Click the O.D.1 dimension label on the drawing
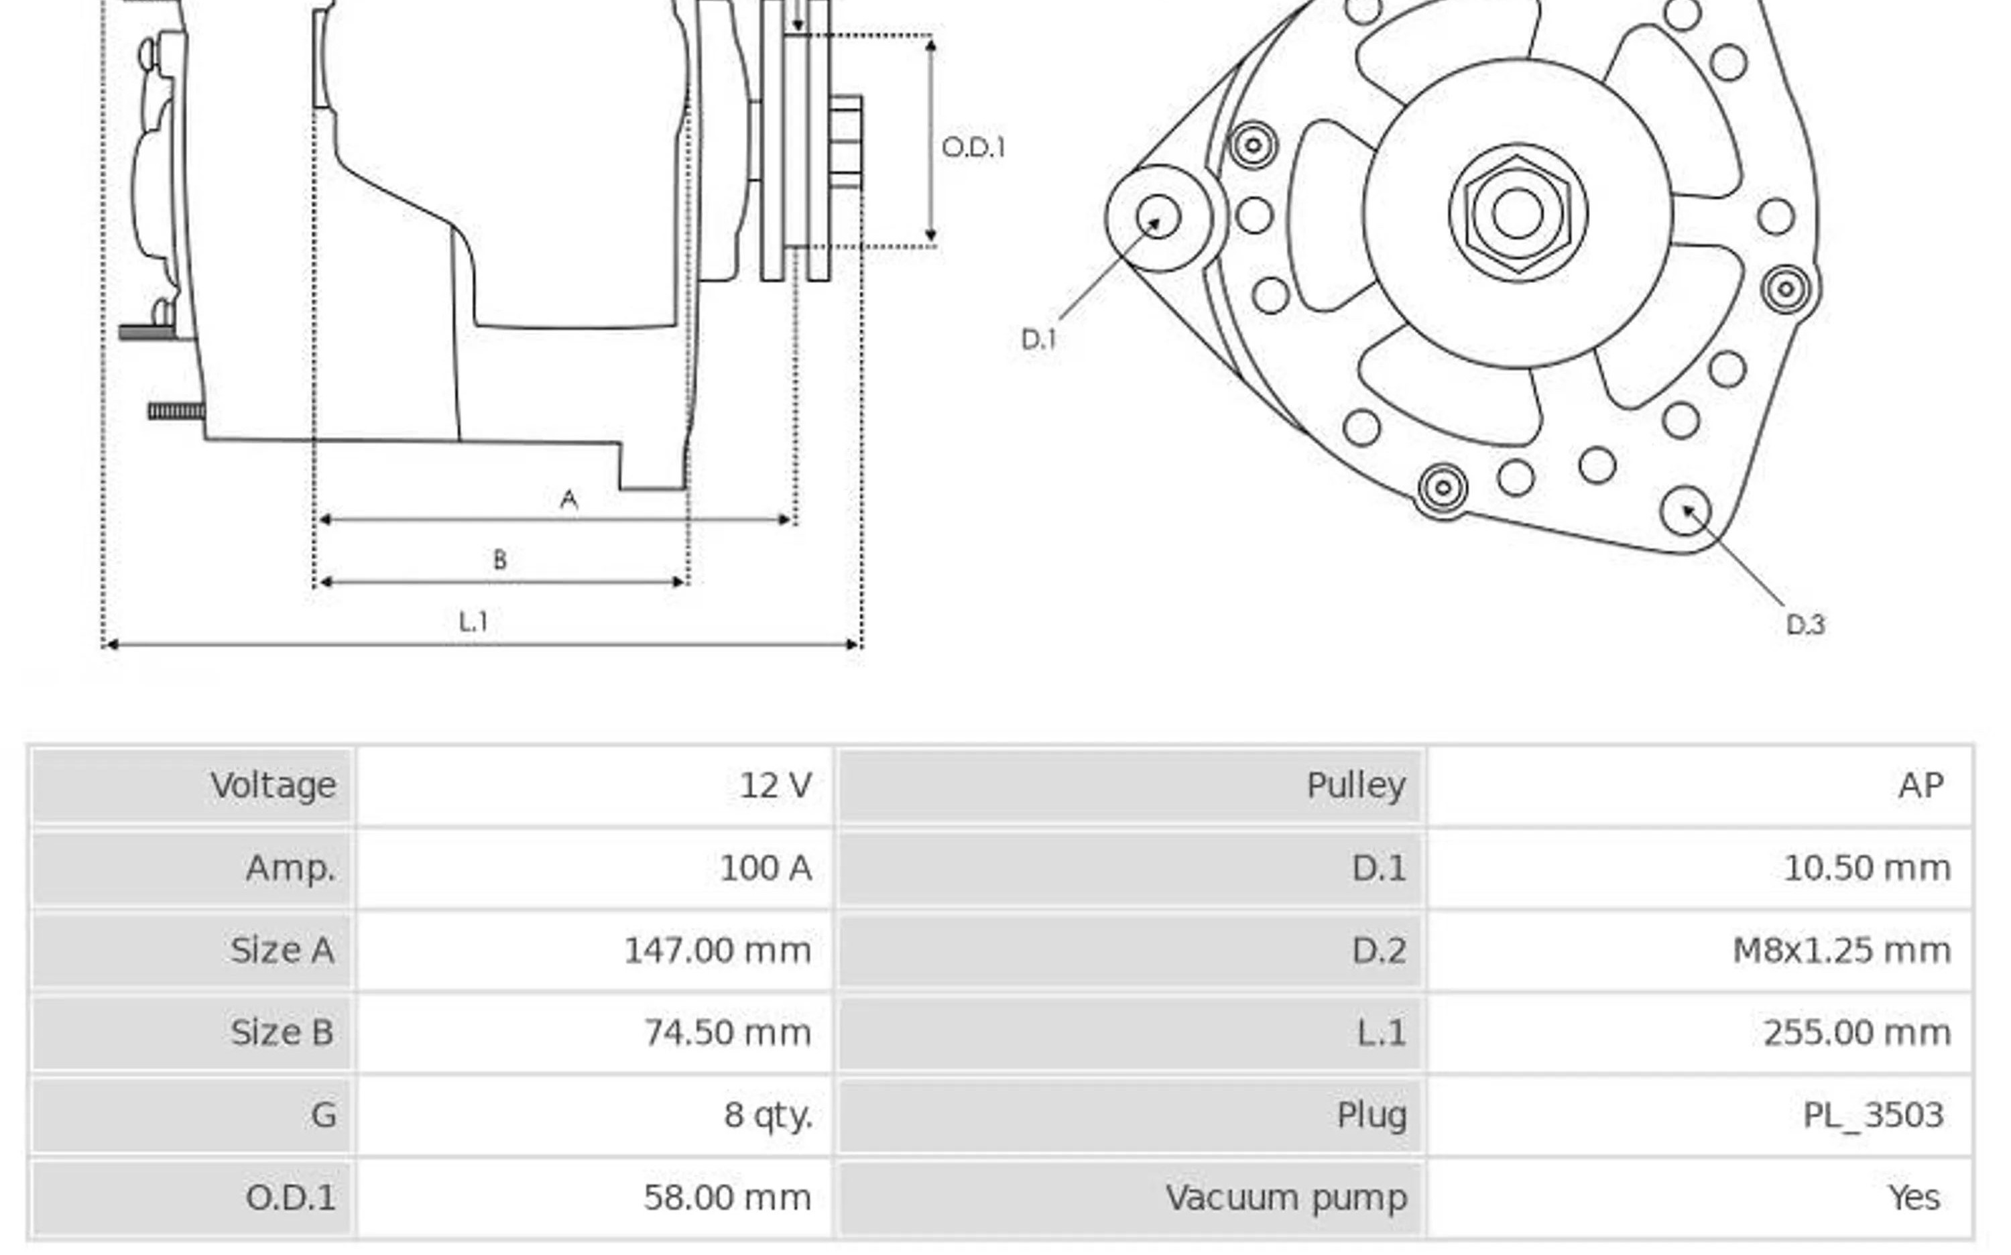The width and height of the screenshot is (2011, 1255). [973, 147]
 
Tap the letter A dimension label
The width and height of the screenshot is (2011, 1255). [568, 499]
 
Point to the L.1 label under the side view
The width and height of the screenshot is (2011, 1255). [473, 621]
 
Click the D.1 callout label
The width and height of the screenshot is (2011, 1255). [1038, 339]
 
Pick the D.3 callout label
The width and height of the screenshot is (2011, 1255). [1805, 623]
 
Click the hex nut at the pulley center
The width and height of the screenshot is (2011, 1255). [1517, 213]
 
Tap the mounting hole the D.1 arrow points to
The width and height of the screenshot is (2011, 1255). [1158, 217]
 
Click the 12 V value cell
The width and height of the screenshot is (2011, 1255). [775, 785]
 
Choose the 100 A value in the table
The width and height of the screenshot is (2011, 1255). [766, 868]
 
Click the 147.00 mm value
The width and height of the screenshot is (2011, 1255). [717, 951]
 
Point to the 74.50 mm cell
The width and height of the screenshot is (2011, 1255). [727, 1032]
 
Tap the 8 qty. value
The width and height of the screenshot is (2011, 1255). [768, 1115]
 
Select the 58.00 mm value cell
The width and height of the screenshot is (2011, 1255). [727, 1198]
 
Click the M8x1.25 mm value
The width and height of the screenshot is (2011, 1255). [1841, 951]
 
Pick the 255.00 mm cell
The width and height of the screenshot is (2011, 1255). [1855, 1032]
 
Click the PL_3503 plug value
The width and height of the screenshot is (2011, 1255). [1872, 1115]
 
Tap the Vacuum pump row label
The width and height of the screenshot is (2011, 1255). [1286, 1198]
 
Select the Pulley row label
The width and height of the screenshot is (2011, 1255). [1355, 785]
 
